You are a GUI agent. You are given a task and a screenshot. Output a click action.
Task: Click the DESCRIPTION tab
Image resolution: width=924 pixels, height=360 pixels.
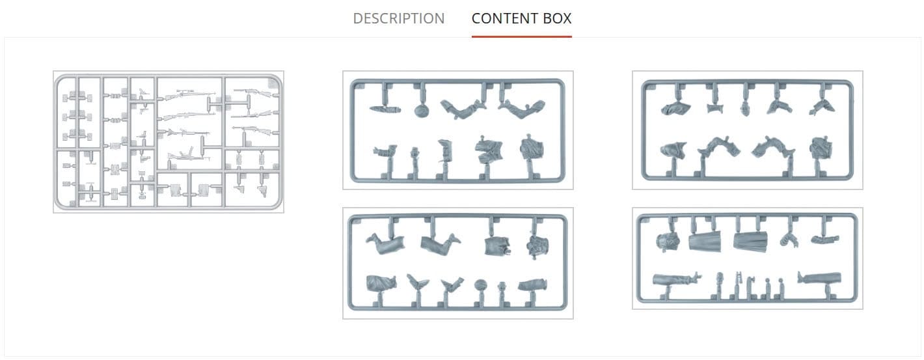pos(398,18)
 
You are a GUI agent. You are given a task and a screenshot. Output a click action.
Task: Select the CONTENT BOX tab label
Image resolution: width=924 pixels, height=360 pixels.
pos(521,18)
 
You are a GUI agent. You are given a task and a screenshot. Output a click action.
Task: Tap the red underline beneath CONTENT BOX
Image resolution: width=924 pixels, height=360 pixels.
pos(521,36)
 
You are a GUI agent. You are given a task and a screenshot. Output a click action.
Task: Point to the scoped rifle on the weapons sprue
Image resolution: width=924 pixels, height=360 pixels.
pos(187,94)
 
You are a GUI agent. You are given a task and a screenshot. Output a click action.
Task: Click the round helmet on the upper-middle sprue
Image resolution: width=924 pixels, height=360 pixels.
pos(422,111)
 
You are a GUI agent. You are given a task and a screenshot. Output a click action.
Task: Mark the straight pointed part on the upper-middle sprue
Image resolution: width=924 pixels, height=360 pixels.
pos(385,109)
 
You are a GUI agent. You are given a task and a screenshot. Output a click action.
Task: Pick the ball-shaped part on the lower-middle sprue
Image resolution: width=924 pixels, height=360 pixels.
pos(480,286)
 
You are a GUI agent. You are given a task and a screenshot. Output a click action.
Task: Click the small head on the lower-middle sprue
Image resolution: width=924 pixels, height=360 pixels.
pos(502,287)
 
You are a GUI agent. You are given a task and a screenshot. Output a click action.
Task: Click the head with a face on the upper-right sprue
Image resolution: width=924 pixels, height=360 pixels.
pos(746,109)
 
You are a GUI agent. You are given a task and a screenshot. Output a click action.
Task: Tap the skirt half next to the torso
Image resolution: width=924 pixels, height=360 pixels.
pos(705,241)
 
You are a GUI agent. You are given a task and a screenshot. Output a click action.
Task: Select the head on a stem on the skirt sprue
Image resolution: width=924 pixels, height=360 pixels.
pos(720,280)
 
